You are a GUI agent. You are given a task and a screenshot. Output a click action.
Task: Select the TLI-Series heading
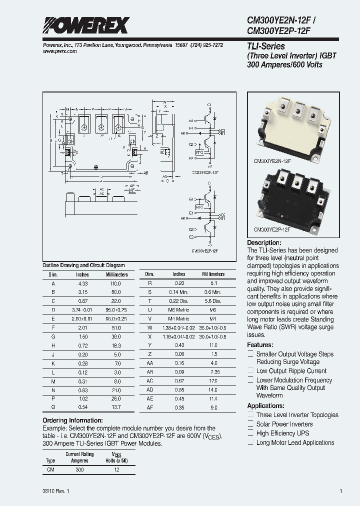[x=265, y=46]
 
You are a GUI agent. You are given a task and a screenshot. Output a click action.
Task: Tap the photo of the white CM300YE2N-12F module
[x=291, y=128]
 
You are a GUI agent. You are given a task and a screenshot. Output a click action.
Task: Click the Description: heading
[x=268, y=242]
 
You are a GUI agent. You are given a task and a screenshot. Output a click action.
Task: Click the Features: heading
[x=260, y=345]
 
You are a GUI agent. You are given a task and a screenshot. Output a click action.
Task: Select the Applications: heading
[x=265, y=406]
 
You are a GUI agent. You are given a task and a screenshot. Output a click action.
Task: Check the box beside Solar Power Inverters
[x=250, y=424]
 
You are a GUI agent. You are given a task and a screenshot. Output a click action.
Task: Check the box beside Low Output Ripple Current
[x=250, y=371]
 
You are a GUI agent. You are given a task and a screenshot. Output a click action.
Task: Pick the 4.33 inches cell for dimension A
[x=82, y=283]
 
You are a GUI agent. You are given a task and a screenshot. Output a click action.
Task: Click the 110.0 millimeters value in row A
[x=116, y=283]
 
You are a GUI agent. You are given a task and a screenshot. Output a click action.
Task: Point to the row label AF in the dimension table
[x=150, y=408]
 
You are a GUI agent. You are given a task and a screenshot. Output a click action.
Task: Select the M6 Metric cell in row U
[x=179, y=310]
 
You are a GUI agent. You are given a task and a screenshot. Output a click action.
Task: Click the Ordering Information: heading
[x=72, y=420]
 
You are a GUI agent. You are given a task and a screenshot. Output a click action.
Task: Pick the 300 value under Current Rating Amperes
[x=80, y=470]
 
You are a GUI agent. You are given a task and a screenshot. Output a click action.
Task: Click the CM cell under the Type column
[x=50, y=470]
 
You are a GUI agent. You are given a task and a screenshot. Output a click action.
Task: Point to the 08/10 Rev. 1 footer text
[x=56, y=491]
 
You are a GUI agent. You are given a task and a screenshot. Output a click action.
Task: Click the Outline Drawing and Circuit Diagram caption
[x=83, y=265]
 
